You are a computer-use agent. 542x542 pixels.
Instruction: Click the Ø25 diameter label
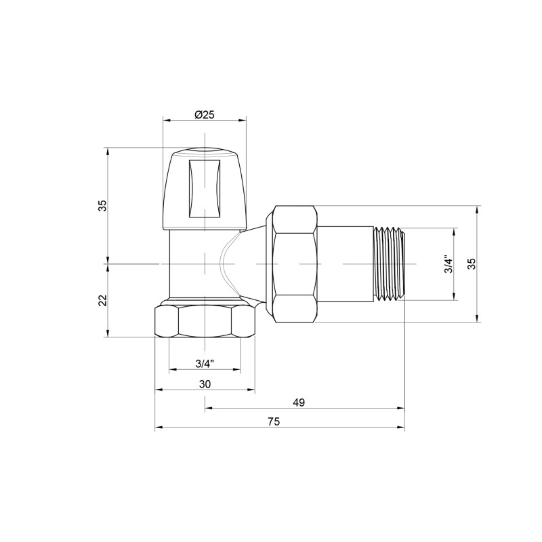204,114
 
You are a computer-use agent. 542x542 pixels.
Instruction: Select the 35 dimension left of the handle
102,205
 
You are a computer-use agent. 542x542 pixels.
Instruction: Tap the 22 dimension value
102,300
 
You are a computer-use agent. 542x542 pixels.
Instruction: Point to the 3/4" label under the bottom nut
205,363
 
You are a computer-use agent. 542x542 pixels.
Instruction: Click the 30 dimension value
205,383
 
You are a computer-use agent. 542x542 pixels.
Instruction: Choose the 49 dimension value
299,402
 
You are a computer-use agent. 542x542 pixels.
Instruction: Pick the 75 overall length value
274,421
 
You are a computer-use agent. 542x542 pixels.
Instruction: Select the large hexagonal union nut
293,264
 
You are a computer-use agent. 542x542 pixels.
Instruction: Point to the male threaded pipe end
389,264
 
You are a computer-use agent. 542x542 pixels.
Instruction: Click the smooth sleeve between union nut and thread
345,264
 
